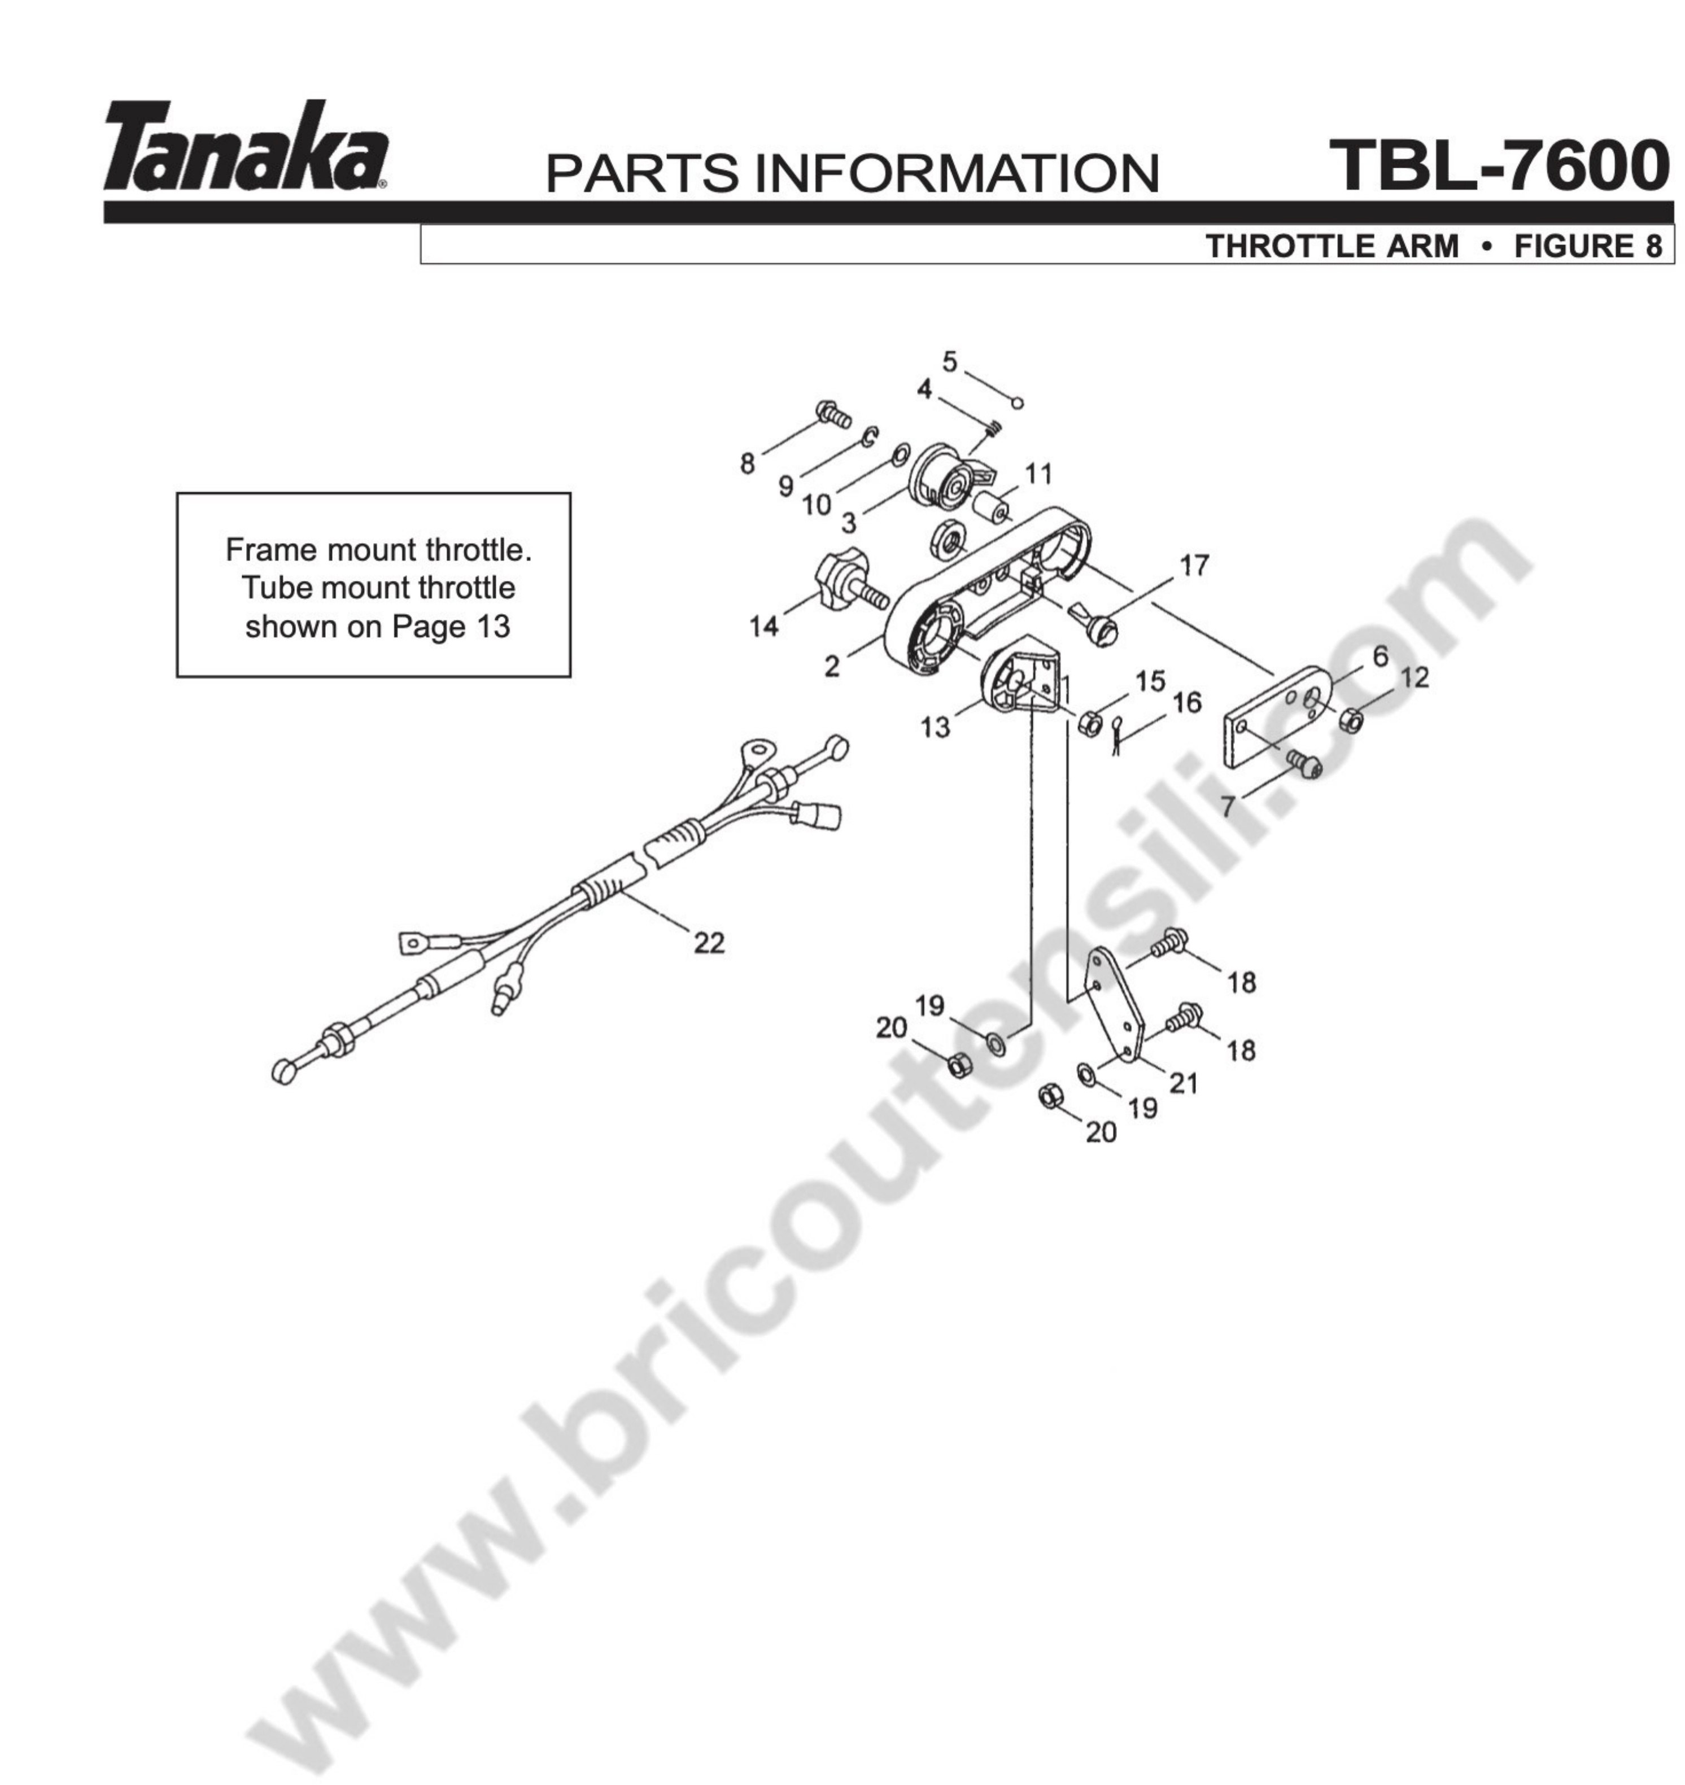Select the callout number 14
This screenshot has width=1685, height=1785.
765,627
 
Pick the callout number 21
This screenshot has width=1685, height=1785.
1184,1084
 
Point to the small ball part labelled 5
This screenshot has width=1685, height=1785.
1017,403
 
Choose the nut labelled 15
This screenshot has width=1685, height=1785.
1089,723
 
